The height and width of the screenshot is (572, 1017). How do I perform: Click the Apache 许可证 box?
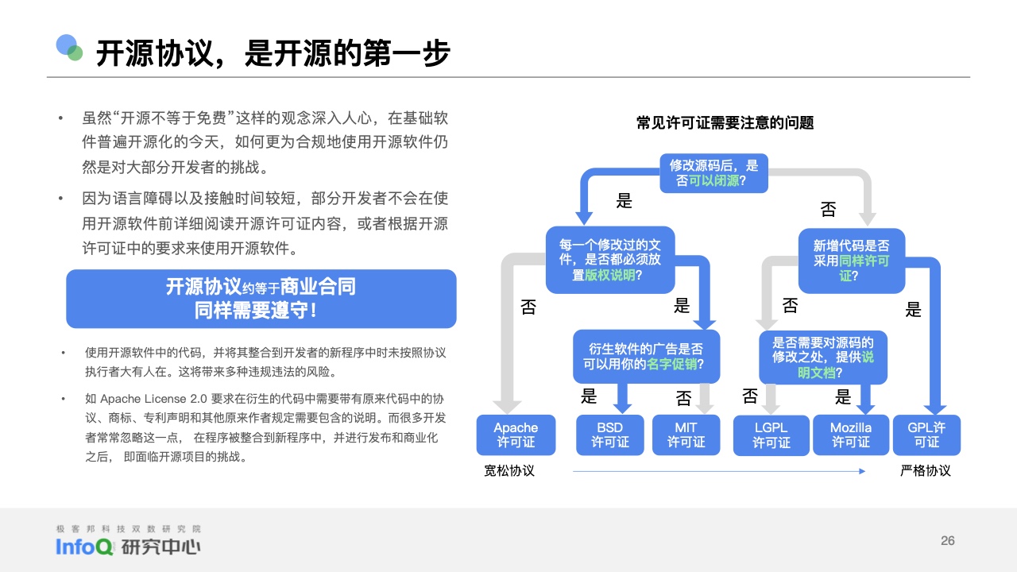516,435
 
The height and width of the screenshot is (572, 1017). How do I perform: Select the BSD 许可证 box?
609,435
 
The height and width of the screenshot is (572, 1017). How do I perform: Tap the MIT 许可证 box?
686,435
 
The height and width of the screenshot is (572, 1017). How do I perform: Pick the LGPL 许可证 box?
771,435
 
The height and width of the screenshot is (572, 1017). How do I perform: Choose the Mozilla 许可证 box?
851,435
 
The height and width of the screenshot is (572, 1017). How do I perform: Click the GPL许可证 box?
926,435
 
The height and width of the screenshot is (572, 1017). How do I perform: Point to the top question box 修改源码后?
713,173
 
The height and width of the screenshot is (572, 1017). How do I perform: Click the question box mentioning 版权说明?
610,260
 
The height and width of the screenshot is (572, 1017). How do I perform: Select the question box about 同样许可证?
852,261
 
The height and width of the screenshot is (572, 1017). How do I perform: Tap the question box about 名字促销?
647,357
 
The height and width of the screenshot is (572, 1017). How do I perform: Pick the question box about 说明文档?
823,357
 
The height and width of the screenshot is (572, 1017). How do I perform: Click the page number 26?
948,541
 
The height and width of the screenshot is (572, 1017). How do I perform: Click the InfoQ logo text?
84,547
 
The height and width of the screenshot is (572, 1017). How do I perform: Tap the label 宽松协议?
509,471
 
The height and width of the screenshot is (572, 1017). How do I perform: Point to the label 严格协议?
926,471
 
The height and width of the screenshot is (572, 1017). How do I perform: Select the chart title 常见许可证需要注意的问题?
725,122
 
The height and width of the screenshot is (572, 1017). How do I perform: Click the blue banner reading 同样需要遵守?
261,299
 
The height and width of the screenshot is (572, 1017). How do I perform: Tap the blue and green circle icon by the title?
69,47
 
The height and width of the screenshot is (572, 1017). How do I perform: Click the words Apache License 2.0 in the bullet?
153,399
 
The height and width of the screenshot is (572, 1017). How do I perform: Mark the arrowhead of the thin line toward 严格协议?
862,471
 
